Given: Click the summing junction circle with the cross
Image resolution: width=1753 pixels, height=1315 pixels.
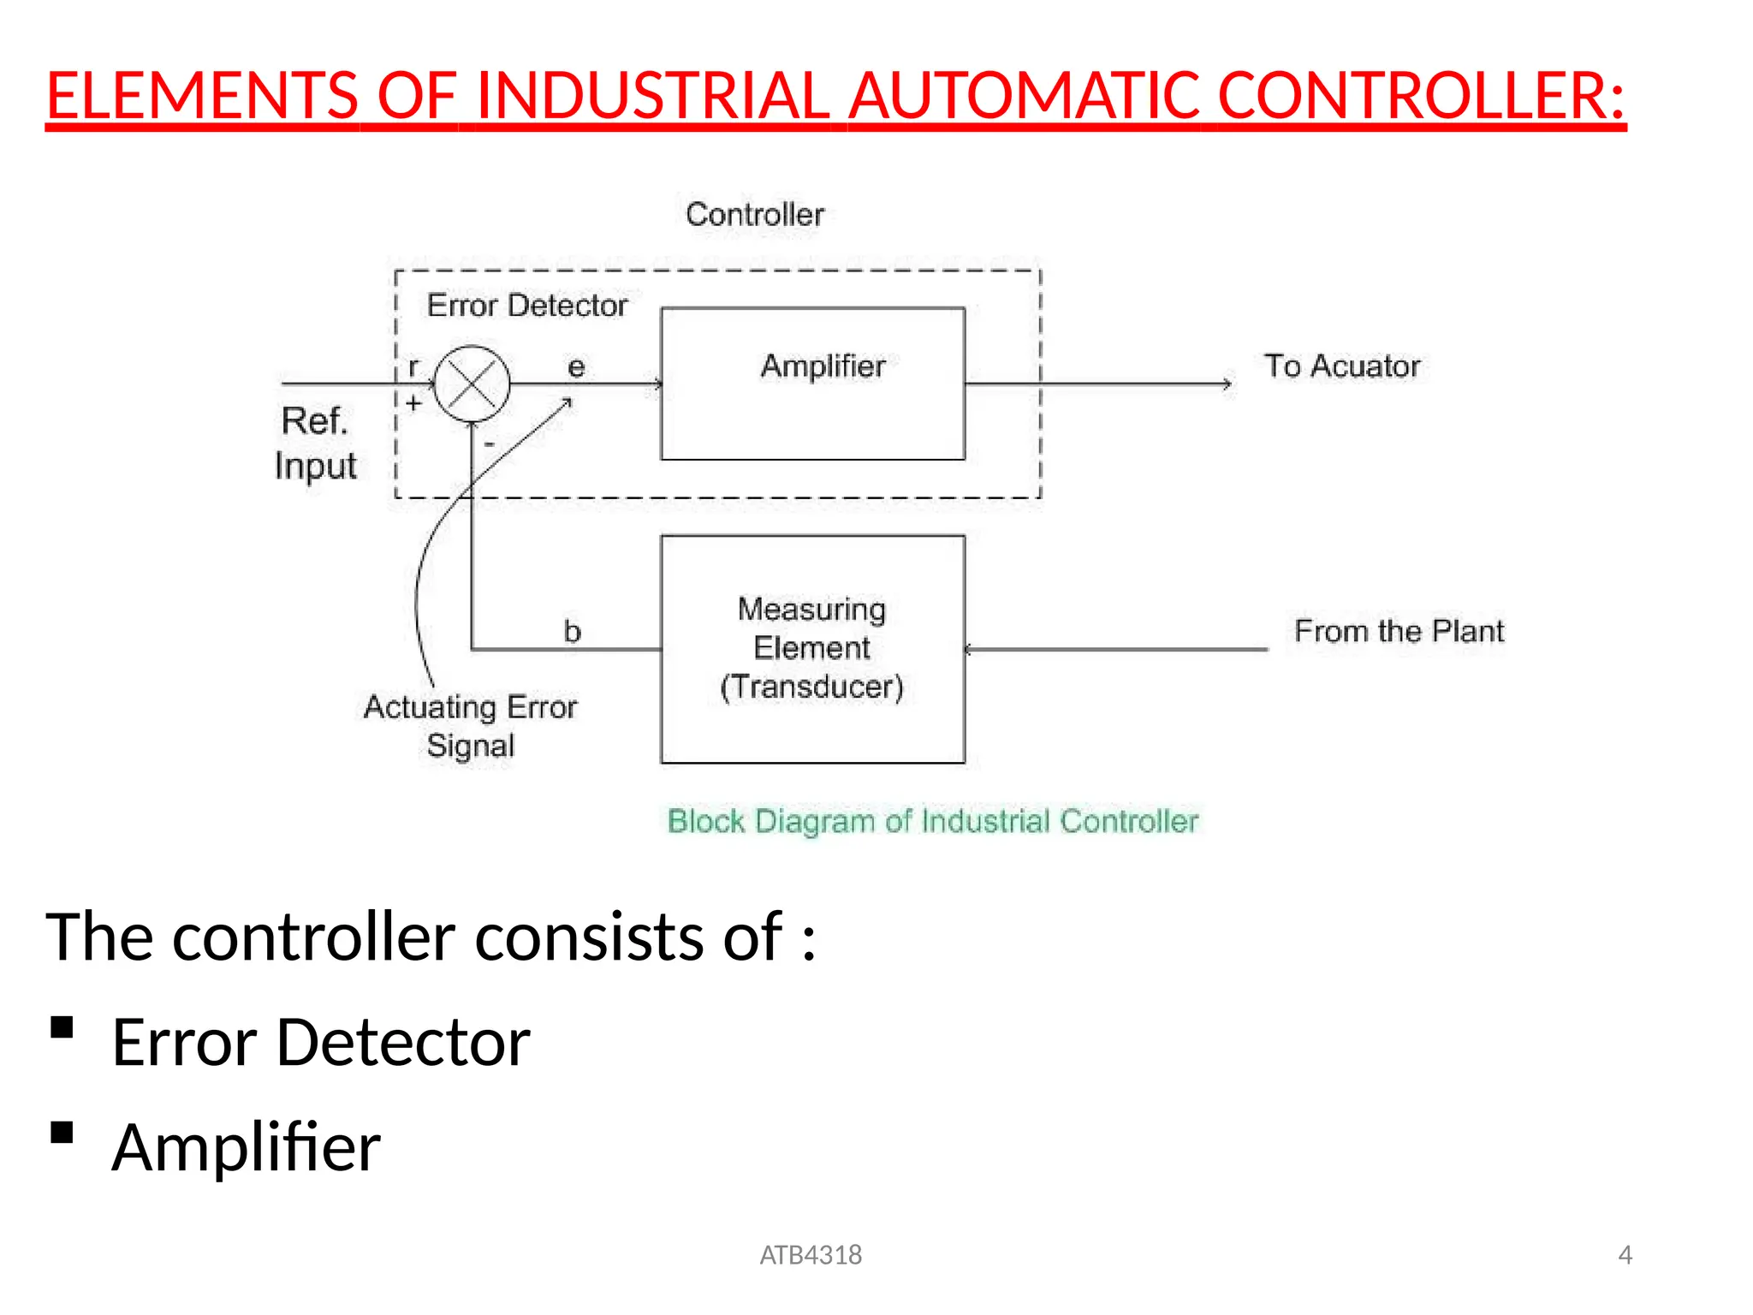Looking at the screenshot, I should pos(472,384).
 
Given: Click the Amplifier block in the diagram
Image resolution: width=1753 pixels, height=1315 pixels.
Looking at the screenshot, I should pos(812,384).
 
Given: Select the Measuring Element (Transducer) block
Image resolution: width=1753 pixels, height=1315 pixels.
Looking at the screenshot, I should pos(812,649).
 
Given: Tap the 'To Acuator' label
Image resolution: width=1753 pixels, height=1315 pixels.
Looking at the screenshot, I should pos(1341,366).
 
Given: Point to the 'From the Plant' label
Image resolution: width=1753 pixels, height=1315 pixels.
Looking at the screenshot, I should pos(1399,631).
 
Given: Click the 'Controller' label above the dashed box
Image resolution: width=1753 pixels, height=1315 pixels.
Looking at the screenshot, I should pos(754,214).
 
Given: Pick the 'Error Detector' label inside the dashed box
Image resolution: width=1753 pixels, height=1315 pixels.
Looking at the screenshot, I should pos(526,306).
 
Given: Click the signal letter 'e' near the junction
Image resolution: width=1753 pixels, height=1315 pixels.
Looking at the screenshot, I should pos(576,367).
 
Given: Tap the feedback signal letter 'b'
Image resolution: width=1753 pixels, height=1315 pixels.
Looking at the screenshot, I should pos(572,632).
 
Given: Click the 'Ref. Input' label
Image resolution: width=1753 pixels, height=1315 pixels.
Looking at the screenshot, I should pos(315,443).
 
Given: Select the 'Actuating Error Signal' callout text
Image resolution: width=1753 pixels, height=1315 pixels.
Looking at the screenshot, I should pos(470,726).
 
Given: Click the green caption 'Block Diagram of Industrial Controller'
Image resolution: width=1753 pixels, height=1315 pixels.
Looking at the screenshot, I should pos(932,821).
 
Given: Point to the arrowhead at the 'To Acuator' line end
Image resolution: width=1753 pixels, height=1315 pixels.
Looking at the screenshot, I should pos(1227,384).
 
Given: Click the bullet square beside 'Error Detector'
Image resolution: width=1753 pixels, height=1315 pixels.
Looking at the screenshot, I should pos(62,1027).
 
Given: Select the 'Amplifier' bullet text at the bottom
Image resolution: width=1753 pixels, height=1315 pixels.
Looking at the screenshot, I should pos(247,1147).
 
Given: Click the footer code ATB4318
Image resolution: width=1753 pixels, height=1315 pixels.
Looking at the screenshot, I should pos(811,1255).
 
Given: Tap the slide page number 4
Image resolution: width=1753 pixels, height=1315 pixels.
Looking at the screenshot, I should pos(1625,1255).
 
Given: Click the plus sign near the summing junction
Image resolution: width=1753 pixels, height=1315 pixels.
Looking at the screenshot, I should pos(413,403).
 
